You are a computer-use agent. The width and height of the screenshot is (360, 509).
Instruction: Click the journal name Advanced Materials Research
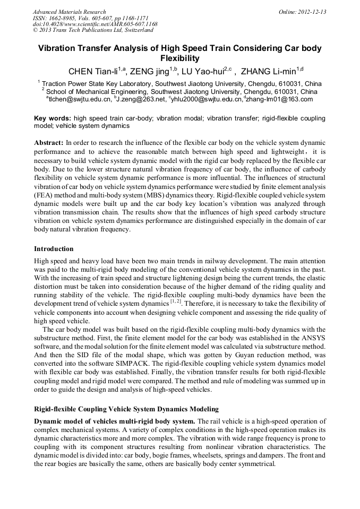pyautogui.click(x=69, y=12)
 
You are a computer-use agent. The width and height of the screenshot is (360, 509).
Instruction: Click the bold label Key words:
pyautogui.click(x=53, y=118)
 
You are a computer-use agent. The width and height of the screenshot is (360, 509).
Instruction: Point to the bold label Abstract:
pyautogui.click(x=49, y=143)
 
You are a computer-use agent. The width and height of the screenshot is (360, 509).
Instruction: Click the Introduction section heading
pyautogui.click(x=54, y=249)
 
